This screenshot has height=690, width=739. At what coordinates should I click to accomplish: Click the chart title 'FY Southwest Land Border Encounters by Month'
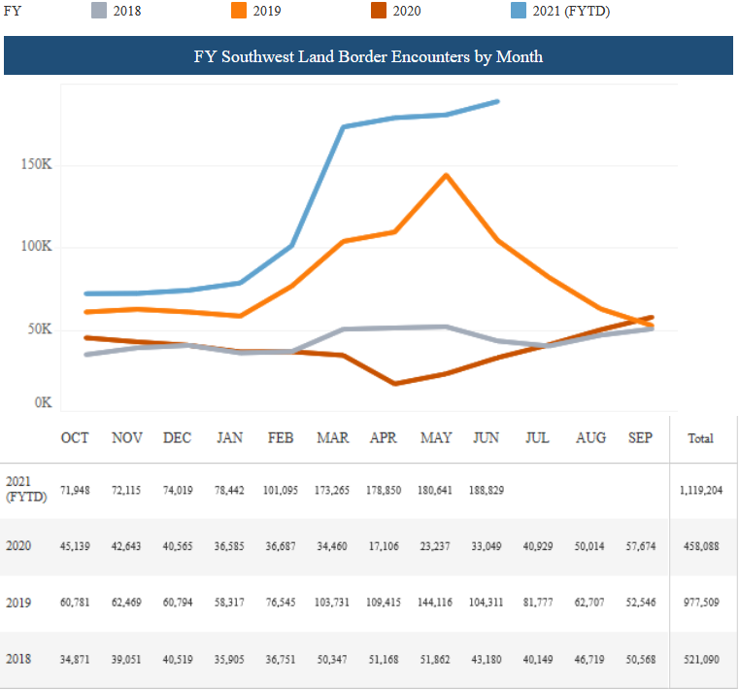[x=368, y=56]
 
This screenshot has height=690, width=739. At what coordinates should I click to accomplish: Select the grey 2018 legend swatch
[x=99, y=11]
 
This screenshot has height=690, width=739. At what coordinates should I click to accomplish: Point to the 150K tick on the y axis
[x=36, y=164]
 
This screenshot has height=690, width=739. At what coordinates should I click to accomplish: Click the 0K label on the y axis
[x=42, y=402]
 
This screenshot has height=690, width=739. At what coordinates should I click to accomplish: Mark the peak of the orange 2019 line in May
[x=446, y=175]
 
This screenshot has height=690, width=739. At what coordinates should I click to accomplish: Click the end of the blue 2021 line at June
[x=498, y=100]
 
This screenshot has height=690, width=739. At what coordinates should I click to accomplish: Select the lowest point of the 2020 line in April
[x=394, y=384]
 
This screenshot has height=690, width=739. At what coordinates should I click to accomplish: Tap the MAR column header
[x=333, y=438]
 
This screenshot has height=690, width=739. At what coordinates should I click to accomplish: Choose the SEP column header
[x=640, y=438]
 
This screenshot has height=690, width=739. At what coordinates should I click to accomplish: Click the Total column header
[x=700, y=438]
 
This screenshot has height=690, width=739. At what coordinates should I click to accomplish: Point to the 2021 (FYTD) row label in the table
[x=21, y=489]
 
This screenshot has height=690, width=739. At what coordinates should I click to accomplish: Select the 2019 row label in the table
[x=19, y=603]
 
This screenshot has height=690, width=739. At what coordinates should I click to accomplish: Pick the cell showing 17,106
[x=384, y=547]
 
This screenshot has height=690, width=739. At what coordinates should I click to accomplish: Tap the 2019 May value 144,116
[x=435, y=604]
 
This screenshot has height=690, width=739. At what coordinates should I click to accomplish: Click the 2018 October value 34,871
[x=76, y=660]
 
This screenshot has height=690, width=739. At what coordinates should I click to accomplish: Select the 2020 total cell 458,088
[x=700, y=547]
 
